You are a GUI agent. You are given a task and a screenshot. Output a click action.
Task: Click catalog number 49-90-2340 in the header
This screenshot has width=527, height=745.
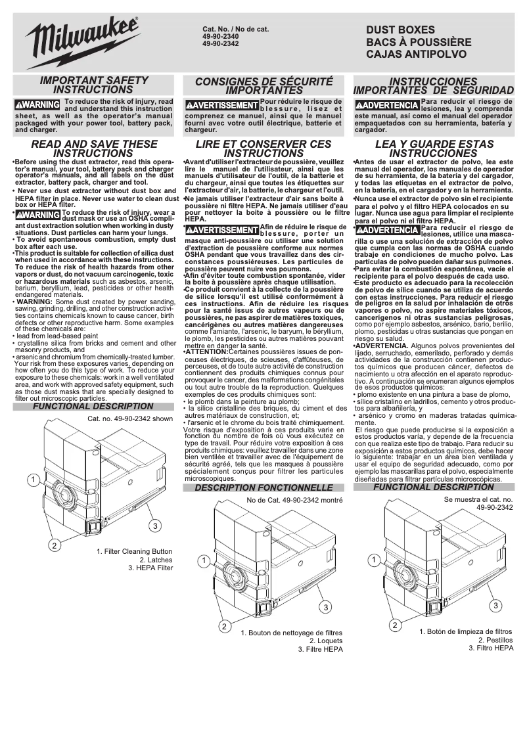click(221, 37)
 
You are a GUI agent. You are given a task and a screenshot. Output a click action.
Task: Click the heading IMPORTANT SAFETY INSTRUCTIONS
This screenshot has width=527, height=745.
click(95, 84)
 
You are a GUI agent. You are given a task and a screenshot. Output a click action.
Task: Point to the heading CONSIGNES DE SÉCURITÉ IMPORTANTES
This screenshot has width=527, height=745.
click(264, 85)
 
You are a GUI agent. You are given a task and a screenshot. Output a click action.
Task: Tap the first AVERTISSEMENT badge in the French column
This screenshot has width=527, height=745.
click(222, 105)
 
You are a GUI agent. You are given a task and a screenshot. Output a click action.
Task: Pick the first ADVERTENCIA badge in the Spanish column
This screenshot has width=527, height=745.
click(386, 105)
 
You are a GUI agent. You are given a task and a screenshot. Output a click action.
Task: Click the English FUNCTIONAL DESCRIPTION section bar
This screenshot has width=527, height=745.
click(93, 407)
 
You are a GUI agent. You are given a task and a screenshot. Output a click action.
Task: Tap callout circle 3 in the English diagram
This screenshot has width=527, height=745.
click(154, 526)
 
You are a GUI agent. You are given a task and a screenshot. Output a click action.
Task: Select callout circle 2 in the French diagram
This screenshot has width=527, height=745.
click(224, 626)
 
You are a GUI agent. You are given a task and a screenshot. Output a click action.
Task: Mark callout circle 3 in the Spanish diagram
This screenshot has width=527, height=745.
click(496, 605)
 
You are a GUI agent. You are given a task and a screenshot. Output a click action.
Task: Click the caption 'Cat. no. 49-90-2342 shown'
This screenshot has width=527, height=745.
click(130, 418)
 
